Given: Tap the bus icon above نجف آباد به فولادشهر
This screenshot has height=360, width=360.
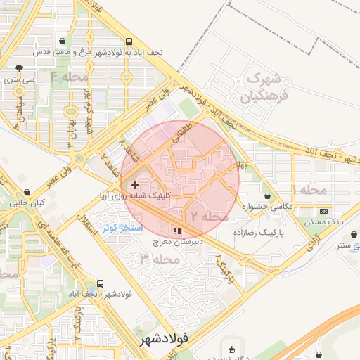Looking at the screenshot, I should (x=127, y=42).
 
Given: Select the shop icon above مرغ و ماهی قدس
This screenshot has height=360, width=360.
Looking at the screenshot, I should (x=63, y=42).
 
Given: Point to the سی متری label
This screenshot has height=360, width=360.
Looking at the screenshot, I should (x=19, y=80).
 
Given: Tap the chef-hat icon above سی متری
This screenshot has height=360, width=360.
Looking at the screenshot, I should (x=19, y=69).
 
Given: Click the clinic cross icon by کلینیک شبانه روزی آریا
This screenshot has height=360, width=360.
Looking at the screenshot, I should (x=135, y=185).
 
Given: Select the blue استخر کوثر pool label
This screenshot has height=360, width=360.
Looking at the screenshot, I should (x=122, y=229).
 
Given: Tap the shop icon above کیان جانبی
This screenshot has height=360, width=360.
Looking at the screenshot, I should (x=27, y=192).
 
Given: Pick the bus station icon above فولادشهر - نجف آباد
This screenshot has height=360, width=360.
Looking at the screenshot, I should (x=100, y=284).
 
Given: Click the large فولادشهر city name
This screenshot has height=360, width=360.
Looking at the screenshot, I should (x=161, y=339).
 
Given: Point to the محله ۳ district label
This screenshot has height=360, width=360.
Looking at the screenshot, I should (x=160, y=259).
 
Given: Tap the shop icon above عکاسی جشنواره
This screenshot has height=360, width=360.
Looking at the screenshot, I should (x=266, y=195).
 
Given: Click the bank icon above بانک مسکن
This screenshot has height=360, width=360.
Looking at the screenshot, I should (x=323, y=211).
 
